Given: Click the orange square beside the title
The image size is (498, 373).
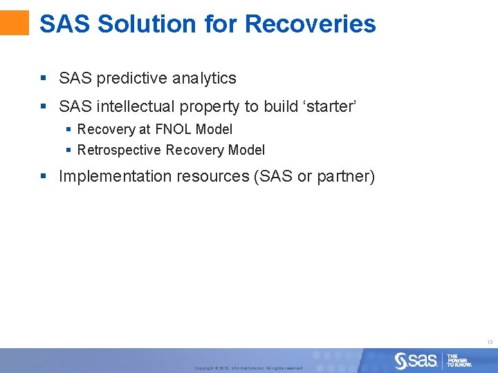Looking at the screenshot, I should [x=15, y=22].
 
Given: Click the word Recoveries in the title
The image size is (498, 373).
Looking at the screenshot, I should [x=310, y=23].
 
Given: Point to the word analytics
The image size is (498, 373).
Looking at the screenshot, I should [x=204, y=79].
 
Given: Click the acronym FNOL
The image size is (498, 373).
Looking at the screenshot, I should [x=173, y=129].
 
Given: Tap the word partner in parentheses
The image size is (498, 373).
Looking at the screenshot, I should [x=343, y=177].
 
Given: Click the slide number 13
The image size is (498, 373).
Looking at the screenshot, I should [x=489, y=342].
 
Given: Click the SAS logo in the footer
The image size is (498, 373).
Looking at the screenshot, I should [x=416, y=361].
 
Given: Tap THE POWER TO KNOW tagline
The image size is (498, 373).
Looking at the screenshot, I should [x=459, y=361].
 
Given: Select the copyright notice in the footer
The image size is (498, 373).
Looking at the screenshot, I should [x=248, y=367].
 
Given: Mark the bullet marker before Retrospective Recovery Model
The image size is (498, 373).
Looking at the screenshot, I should [x=68, y=150].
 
